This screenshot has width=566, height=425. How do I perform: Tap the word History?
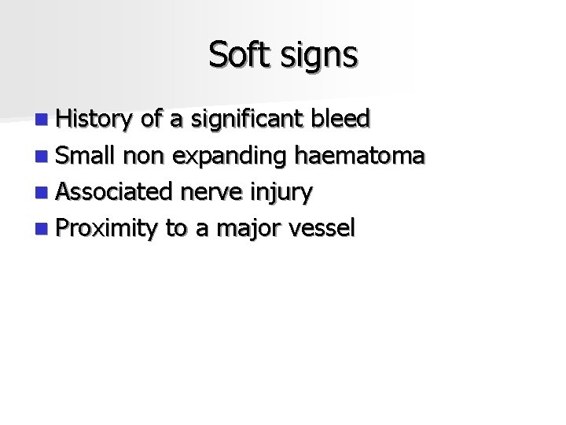(96, 120)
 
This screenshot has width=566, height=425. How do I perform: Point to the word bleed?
(340, 119)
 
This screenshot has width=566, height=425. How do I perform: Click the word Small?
(86, 155)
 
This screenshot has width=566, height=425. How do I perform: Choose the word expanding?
(230, 156)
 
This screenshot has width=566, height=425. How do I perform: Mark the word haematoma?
(359, 155)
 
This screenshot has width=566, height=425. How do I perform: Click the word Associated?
(116, 191)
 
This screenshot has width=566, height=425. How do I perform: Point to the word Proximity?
(108, 228)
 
